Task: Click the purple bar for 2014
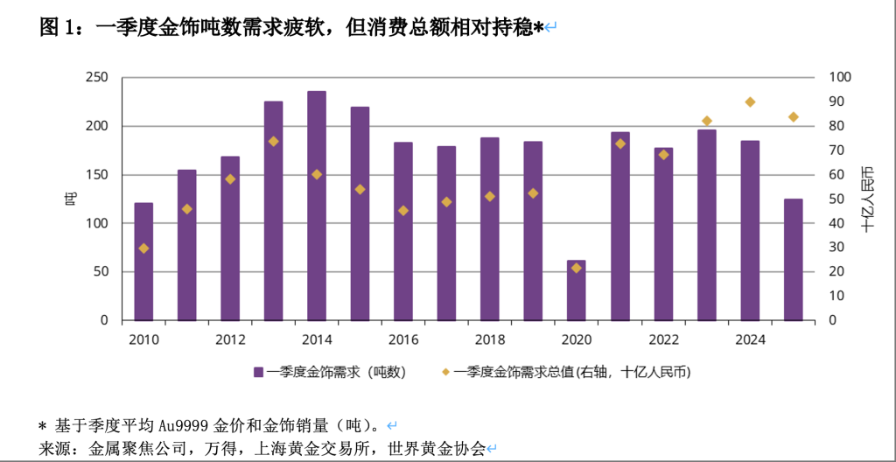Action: point(317,206)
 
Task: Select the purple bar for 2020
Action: point(576,290)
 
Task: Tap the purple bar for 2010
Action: point(143,262)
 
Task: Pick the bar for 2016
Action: point(403,231)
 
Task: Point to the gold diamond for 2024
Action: point(750,102)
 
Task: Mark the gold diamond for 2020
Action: point(576,268)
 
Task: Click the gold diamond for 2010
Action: point(143,248)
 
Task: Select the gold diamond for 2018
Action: point(490,197)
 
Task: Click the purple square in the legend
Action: point(259,372)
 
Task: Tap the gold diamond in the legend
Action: point(445,372)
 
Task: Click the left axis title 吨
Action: point(69,199)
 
